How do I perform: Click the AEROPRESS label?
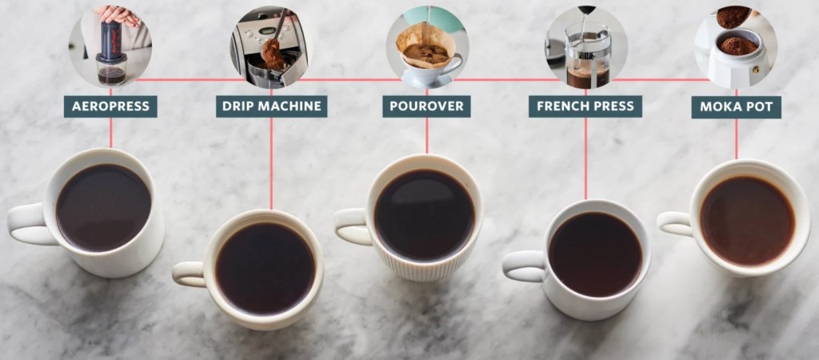pos(110,106)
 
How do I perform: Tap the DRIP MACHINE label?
pos(272,106)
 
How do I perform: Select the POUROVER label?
pos(426,106)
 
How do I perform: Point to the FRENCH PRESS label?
pos(585,106)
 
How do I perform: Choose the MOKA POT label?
pos(737,107)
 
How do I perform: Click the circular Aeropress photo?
pos(110,46)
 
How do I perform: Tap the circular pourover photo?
pos(427,46)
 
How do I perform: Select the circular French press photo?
pos(586,46)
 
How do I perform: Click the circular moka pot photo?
pos(736,46)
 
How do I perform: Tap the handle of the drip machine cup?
pos(188,274)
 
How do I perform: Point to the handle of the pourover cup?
pos(350,226)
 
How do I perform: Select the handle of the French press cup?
pos(521,266)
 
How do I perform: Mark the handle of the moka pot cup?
pos(673,223)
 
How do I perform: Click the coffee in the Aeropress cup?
pos(103,208)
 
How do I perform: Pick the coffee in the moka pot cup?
pos(748,221)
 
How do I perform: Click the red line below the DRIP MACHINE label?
pos(271,163)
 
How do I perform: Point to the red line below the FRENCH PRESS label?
pos(585,158)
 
